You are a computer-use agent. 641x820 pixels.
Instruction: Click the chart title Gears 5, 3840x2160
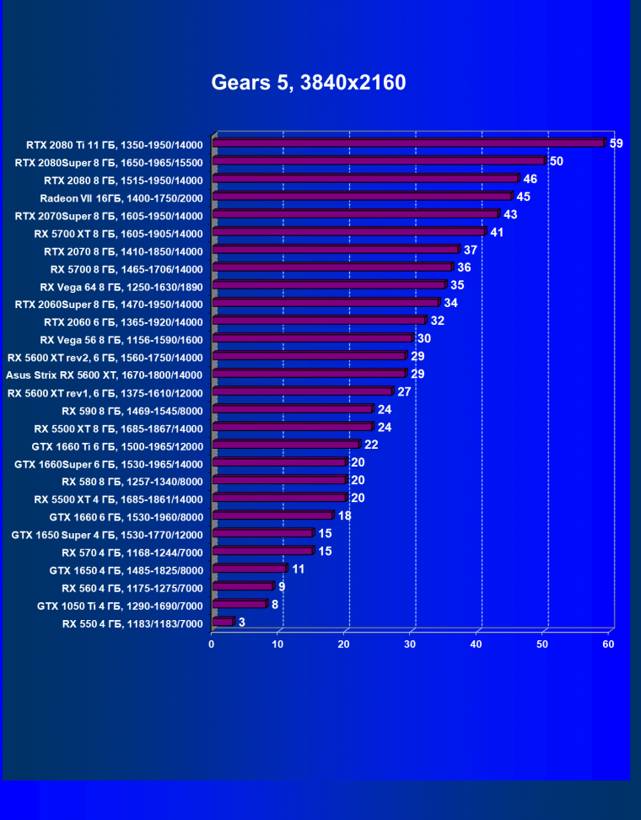[x=309, y=83]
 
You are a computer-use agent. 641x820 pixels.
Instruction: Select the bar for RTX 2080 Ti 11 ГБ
[x=410, y=143]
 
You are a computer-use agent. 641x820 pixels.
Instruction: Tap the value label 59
[x=616, y=143]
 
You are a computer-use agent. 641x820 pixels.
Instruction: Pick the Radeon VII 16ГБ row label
[x=121, y=197]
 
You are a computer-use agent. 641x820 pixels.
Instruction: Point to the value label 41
[x=497, y=232]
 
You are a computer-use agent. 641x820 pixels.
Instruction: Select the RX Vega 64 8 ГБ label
[x=121, y=286]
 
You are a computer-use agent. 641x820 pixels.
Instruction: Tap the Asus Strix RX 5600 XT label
[x=104, y=374]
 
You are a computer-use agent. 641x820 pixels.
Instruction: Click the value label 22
[x=371, y=445]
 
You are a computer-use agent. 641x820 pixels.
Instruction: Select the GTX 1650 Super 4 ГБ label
[x=107, y=534]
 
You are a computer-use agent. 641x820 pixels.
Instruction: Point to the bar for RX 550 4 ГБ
[x=224, y=622]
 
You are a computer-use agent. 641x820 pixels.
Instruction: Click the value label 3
[x=242, y=623]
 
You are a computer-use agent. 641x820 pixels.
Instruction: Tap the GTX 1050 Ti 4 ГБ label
[x=120, y=605]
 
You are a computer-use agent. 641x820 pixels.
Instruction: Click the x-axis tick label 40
[x=477, y=645]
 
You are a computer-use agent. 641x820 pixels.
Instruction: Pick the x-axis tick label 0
[x=212, y=645]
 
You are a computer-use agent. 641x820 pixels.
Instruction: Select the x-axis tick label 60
[x=608, y=645]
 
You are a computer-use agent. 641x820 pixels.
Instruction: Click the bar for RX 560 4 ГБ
[x=244, y=586]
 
